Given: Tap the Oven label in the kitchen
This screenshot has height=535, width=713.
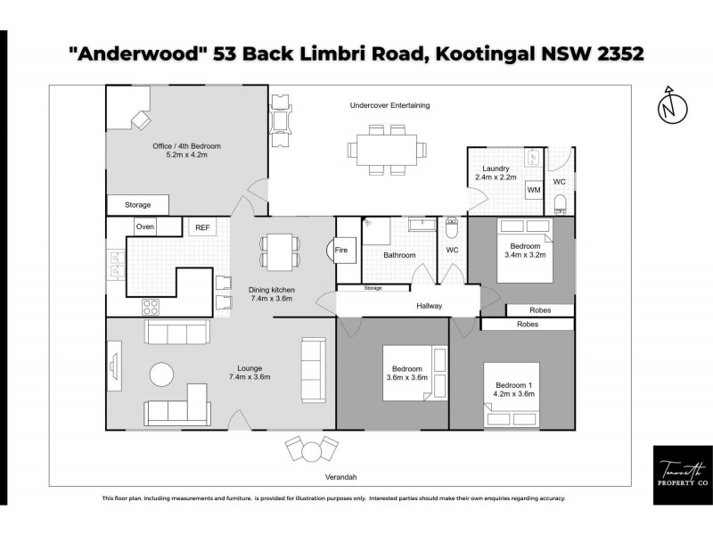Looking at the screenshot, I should coord(144,227).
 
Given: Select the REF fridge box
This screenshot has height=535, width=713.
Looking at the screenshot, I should coord(202,228).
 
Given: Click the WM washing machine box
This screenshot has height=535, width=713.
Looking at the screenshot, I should coord(534,190).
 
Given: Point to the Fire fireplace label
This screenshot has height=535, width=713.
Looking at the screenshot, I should coord(341,251).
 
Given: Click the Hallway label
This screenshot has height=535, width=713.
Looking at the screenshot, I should coord(429,306).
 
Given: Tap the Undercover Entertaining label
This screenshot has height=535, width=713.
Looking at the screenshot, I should coord(389,105).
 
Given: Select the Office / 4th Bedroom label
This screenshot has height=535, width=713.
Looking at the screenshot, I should coord(186,146).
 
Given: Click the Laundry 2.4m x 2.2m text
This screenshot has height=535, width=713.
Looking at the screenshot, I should coord(495,173).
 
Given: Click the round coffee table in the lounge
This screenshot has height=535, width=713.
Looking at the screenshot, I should coord(163,373).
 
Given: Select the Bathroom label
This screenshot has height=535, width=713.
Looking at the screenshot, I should coord(399,256).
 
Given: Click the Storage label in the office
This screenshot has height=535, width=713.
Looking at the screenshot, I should coord(138,205).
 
